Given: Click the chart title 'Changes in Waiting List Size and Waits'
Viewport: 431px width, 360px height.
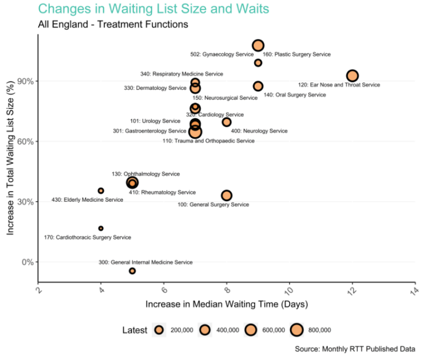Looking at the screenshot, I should [153, 9].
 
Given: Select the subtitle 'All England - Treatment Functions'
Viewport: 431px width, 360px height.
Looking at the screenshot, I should [113, 25].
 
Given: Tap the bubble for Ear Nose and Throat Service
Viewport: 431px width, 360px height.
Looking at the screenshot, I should [352, 76].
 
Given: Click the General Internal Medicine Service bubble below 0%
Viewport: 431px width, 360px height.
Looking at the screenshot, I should [132, 271].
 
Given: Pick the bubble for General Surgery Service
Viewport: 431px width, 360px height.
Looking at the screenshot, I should [227, 195].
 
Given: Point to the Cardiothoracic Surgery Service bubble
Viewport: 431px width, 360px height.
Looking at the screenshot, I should [101, 229].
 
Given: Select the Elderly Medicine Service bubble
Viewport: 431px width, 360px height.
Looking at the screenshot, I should [101, 191].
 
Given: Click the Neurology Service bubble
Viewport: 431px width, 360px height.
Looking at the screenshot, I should [227, 122].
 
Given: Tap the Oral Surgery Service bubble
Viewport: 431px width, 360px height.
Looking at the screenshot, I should [258, 86].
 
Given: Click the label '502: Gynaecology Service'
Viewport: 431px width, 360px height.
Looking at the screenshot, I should [222, 54].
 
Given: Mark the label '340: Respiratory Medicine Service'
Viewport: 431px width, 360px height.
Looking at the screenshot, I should [181, 74].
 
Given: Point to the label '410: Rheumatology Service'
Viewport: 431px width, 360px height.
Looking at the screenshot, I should [162, 193].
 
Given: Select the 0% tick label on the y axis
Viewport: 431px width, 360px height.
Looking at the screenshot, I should [26, 262].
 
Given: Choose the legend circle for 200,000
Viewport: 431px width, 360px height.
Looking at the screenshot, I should [160, 330].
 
